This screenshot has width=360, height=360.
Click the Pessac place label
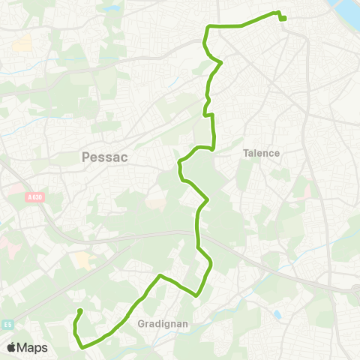pyautogui.click(x=95, y=157)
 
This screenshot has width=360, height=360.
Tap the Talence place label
pyautogui.click(x=261, y=153)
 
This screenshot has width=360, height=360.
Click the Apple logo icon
pyautogui.click(x=11, y=347)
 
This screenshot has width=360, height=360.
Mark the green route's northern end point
pyautogui.click(x=284, y=19)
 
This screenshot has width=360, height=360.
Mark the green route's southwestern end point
pyautogui.click(x=80, y=311)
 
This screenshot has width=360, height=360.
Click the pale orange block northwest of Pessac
pyautogui.click(x=22, y=42)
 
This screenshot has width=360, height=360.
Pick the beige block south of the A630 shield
pyautogui.click(x=83, y=260)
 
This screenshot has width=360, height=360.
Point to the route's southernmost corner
pyautogui.click(x=81, y=347)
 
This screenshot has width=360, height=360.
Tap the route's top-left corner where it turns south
pyautogui.click(x=207, y=28)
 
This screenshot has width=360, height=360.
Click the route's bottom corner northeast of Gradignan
pyautogui.click(x=196, y=295)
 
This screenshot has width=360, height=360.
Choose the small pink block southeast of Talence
pyautogui.click(x=307, y=192)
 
